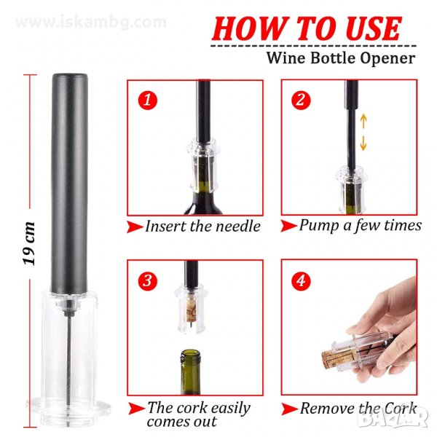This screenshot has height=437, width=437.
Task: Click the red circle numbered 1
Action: tap(148, 100)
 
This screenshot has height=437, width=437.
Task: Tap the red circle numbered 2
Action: tap(301, 100)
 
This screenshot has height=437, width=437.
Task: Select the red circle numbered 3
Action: tap(148, 280)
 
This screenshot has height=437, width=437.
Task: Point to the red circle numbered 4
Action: tap(301, 280)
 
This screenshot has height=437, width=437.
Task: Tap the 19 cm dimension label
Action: tap(29, 243)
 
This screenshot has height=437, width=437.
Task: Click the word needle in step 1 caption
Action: tap(238, 226)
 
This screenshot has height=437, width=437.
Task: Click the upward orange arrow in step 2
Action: tap(363, 122)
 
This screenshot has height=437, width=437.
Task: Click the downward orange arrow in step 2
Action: tap(363, 143)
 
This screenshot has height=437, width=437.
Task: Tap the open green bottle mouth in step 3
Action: tap(191, 355)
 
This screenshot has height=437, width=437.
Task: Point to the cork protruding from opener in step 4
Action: tap(331, 359)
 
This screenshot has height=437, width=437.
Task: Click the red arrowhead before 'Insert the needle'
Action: tap(135, 227)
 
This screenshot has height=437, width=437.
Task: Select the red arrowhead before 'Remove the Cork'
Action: tap(289, 409)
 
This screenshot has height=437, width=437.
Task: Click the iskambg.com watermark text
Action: tap(91, 23)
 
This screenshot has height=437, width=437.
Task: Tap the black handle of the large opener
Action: tap(69, 184)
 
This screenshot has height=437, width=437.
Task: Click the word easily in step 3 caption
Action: tap(227, 409)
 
